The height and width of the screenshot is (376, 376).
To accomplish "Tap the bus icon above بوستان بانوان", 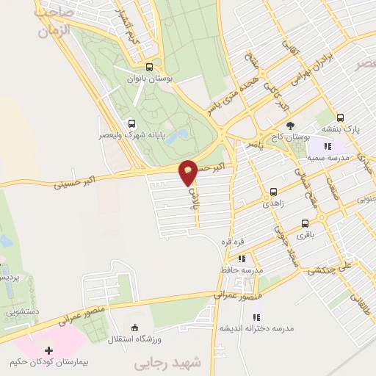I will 150,65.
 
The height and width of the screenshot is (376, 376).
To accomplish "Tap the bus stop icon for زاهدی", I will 273,188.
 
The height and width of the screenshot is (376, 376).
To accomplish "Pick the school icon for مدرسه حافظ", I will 240,258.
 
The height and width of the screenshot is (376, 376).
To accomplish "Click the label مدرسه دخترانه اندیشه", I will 256,328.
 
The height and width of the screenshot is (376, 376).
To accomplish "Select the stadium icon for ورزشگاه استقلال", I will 134,327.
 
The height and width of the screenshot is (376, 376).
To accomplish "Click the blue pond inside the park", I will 176,137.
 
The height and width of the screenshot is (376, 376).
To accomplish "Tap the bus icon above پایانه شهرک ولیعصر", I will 131,123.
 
